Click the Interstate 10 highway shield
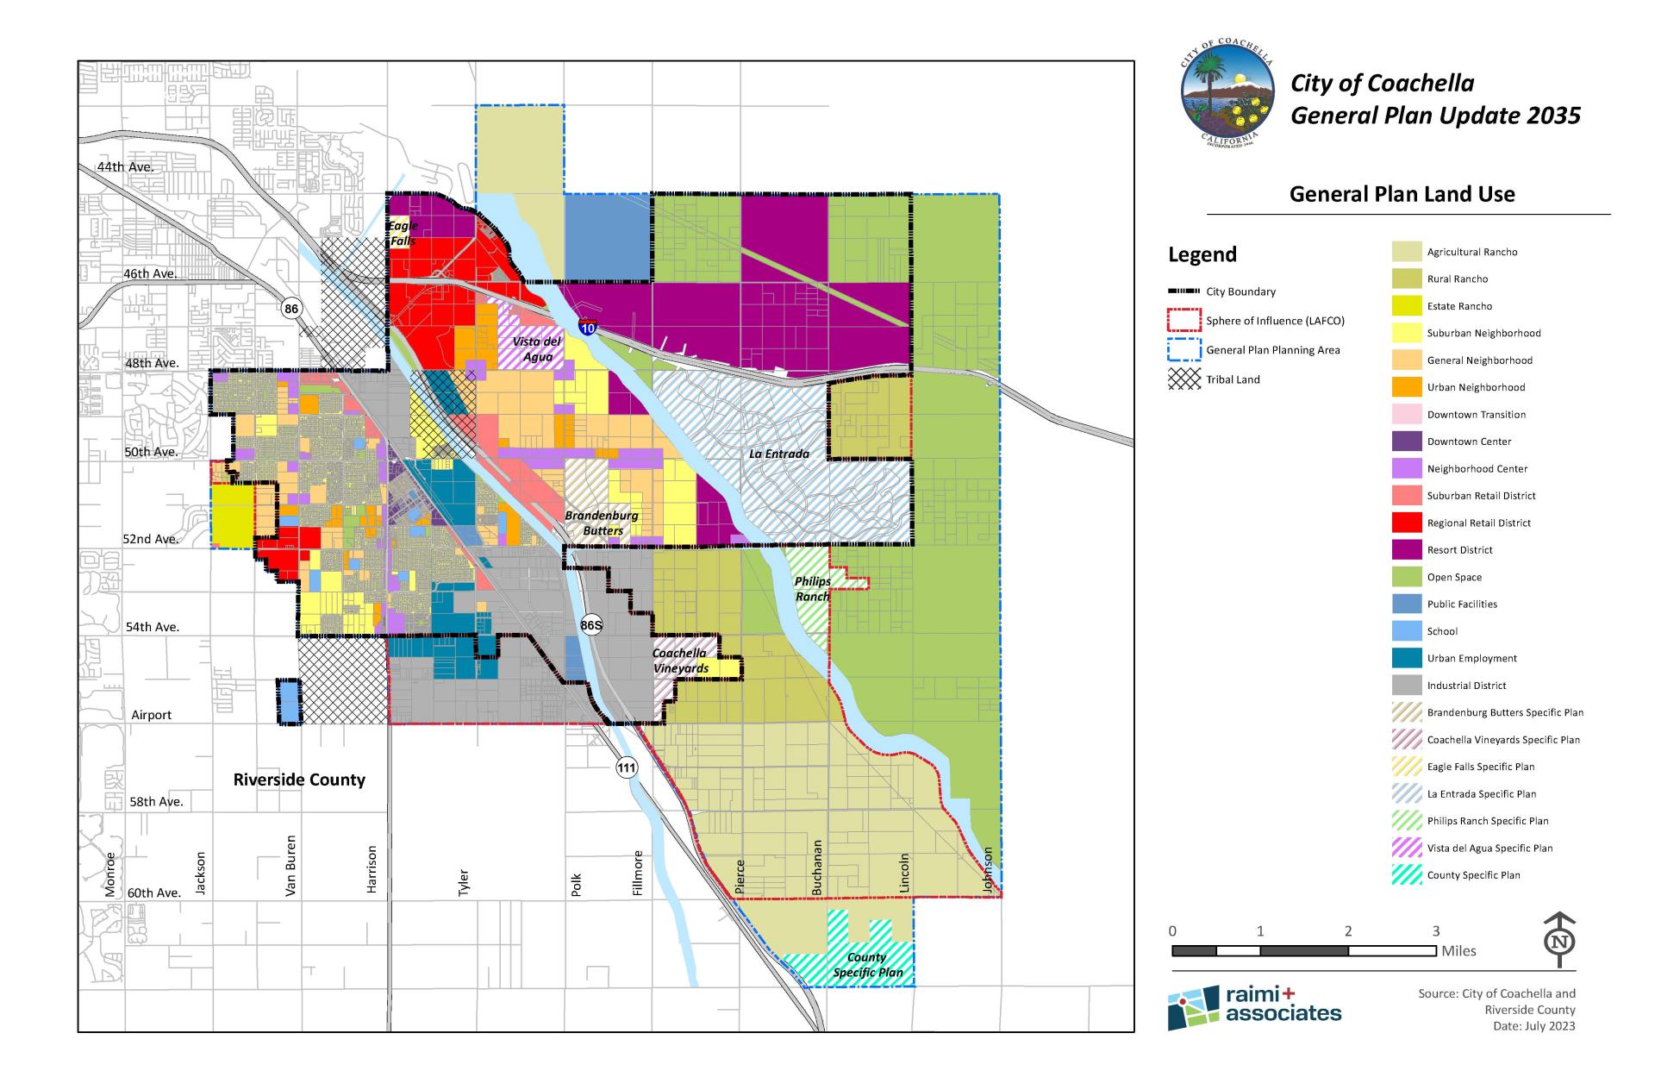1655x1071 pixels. tap(588, 326)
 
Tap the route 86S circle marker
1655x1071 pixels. tap(591, 625)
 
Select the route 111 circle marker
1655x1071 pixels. tap(627, 767)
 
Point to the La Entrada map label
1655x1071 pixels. tap(778, 454)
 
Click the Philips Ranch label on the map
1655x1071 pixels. tap(812, 588)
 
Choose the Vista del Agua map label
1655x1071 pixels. tap(536, 349)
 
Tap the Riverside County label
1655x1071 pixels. tap(299, 780)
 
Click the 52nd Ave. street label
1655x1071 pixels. tap(151, 539)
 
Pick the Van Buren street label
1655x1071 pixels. tap(290, 865)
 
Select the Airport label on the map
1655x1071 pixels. tap(151, 715)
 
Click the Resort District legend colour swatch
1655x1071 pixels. tap(1407, 549)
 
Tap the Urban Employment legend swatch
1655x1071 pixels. tap(1407, 658)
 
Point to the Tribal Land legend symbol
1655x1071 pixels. tap(1183, 379)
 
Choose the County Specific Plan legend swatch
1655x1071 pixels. tap(1407, 874)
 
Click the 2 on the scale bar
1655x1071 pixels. tap(1348, 931)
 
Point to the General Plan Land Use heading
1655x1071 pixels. tap(1402, 194)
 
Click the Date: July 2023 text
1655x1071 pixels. tap(1533, 1025)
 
